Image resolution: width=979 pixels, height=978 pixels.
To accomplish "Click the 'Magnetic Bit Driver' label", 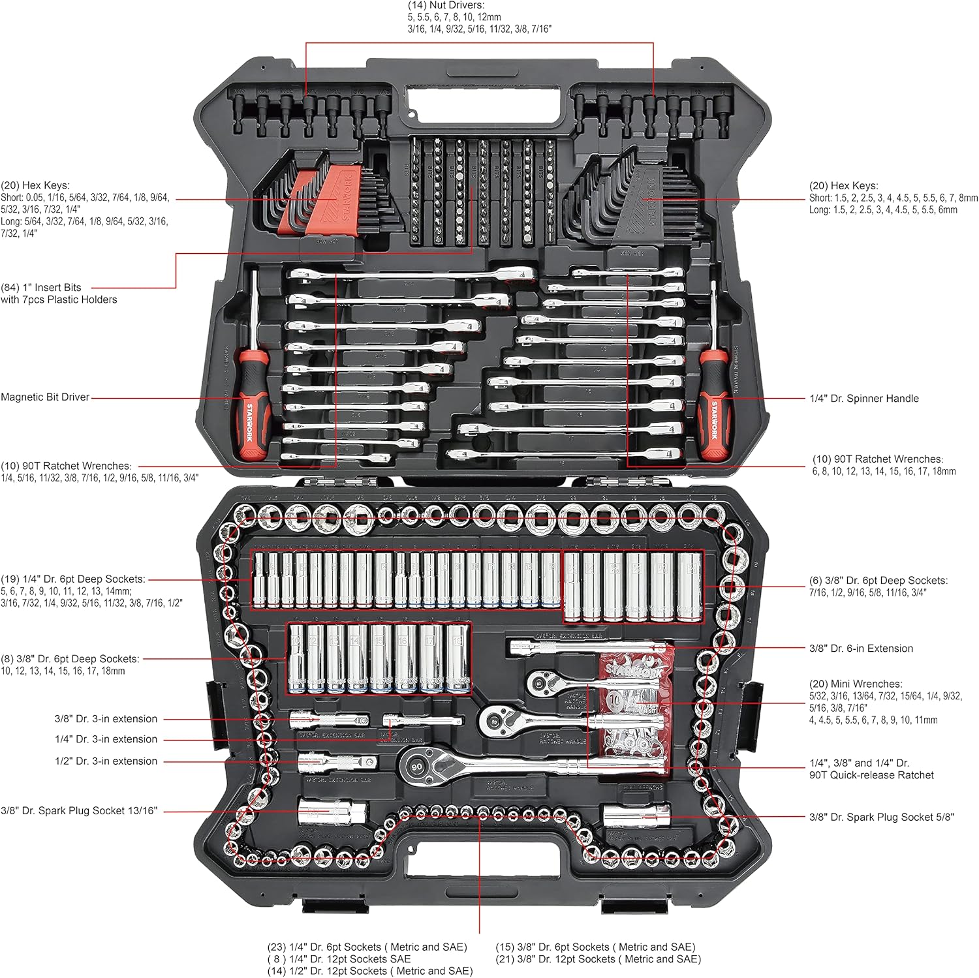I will (x=45, y=397).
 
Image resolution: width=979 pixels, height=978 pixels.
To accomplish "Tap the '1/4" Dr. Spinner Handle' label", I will (x=863, y=398).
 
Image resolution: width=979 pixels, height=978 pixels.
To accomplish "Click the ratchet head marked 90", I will (x=416, y=767).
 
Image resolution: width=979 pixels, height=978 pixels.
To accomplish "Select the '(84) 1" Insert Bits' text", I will (x=41, y=287).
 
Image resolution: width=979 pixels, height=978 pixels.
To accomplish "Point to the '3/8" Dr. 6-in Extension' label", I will (x=861, y=648).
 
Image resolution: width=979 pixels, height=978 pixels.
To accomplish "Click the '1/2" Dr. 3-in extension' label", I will (x=106, y=761).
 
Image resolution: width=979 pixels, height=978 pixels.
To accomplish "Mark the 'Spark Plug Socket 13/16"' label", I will (x=79, y=810).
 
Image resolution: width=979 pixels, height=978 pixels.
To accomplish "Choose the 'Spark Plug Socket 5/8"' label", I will (x=881, y=817).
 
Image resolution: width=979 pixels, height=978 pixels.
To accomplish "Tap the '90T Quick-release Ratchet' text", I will (x=871, y=775).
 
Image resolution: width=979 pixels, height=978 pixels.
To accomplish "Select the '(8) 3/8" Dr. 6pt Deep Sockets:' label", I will (x=70, y=659).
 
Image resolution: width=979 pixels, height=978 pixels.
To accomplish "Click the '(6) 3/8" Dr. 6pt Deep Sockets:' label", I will (x=878, y=580).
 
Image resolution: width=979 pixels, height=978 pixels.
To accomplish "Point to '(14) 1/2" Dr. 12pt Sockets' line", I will (x=369, y=971).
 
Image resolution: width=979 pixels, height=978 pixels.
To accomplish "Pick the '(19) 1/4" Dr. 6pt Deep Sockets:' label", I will (x=73, y=579).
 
